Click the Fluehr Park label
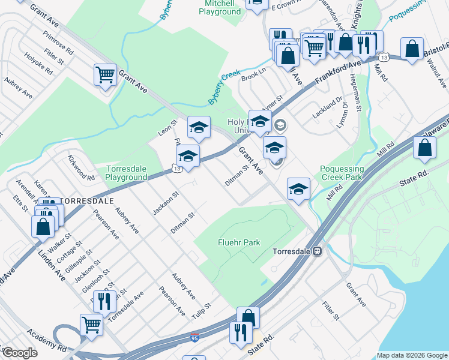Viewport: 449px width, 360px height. coord(238,242)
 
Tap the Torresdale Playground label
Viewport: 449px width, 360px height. coord(126,173)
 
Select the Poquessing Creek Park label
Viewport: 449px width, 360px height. coord(342,173)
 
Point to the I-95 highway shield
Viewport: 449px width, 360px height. coord(194,337)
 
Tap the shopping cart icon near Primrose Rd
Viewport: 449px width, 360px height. coord(105,75)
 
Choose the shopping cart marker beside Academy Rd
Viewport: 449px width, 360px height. coord(91,325)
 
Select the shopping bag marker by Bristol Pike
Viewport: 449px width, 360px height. coord(412,49)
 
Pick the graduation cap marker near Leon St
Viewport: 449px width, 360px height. coord(199,127)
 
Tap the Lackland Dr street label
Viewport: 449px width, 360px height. coord(326,106)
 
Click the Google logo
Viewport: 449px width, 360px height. coord(20,352)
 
